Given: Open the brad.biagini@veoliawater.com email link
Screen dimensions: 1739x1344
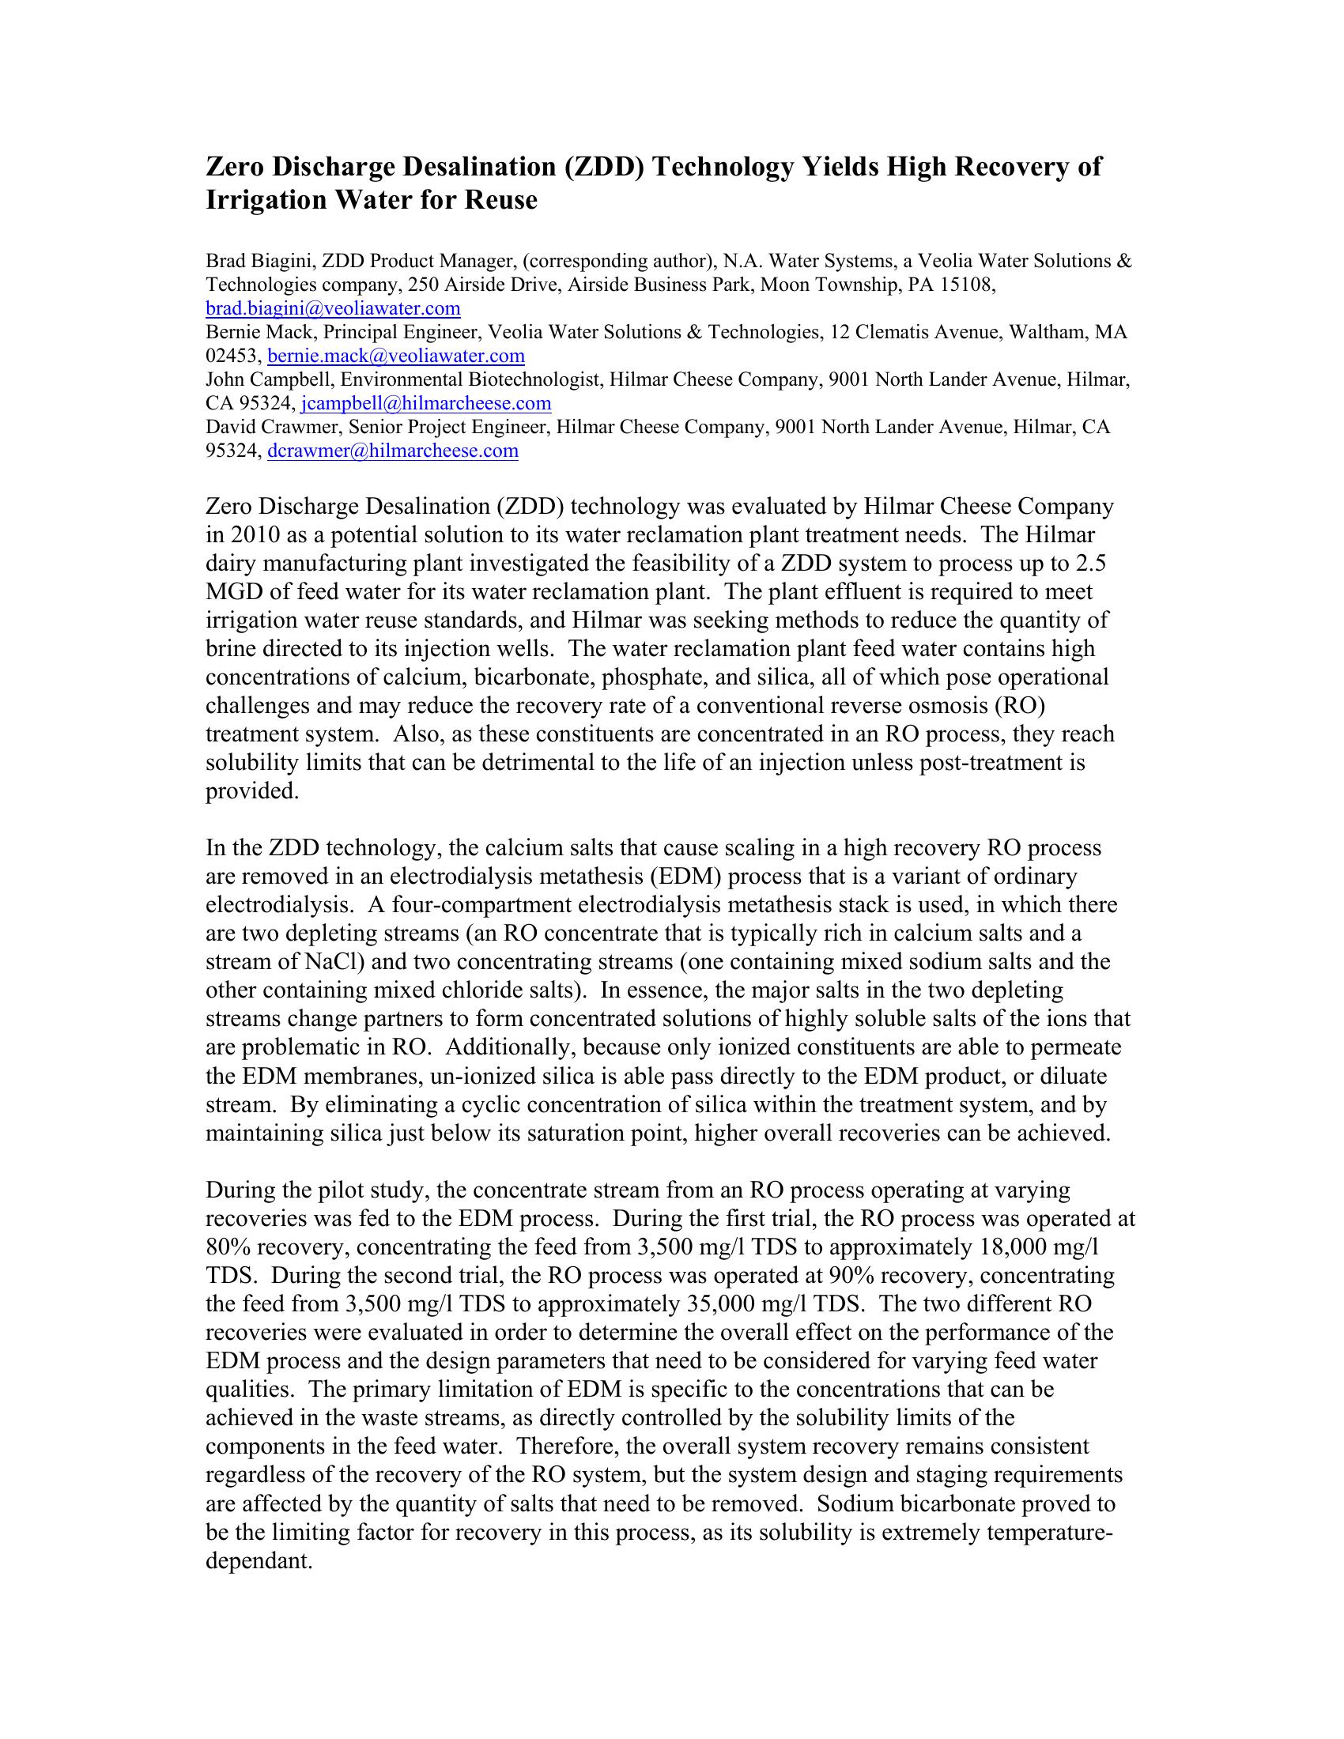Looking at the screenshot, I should click(x=333, y=308).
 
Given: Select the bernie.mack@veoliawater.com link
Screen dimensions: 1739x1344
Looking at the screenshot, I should click(x=396, y=355).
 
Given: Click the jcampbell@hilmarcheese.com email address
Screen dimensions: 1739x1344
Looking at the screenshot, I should click(x=426, y=403).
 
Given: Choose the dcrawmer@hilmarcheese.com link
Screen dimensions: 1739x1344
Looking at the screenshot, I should click(x=393, y=451).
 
